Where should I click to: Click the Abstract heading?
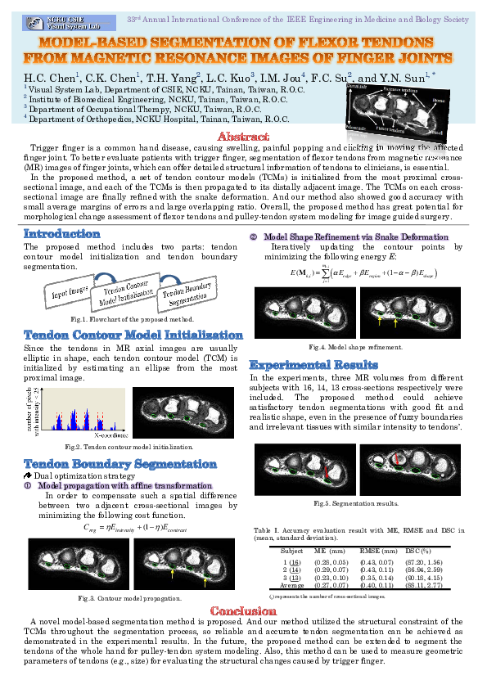pyautogui.click(x=243, y=136)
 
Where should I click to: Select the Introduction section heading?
pyautogui.click(x=62, y=234)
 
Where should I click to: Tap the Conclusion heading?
pyautogui.click(x=243, y=611)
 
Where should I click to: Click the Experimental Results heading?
pyautogui.click(x=313, y=364)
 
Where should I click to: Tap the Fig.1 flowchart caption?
pyautogui.click(x=132, y=317)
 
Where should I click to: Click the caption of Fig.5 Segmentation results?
pyautogui.click(x=355, y=502)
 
